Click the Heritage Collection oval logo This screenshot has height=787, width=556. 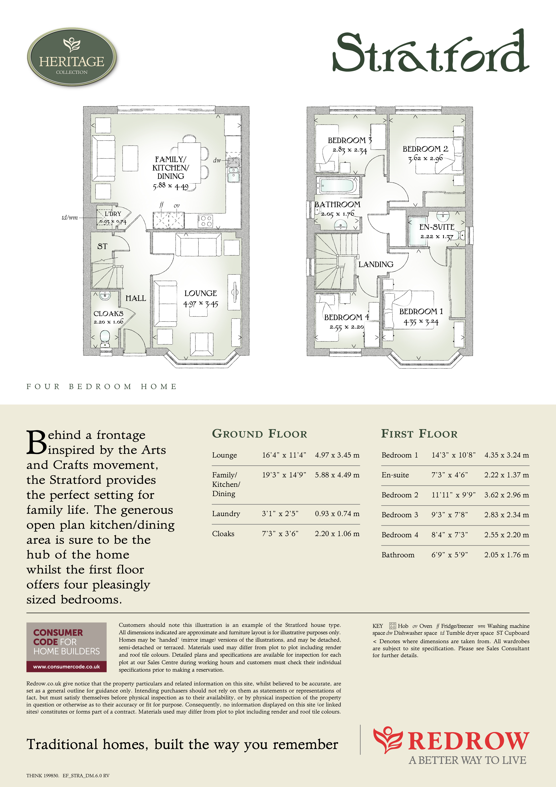[x=72, y=57]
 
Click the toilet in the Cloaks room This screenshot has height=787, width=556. [x=105, y=337]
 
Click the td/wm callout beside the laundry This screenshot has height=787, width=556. [x=70, y=218]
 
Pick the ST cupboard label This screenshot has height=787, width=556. [x=102, y=247]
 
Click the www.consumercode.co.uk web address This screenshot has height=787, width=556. [x=66, y=667]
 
